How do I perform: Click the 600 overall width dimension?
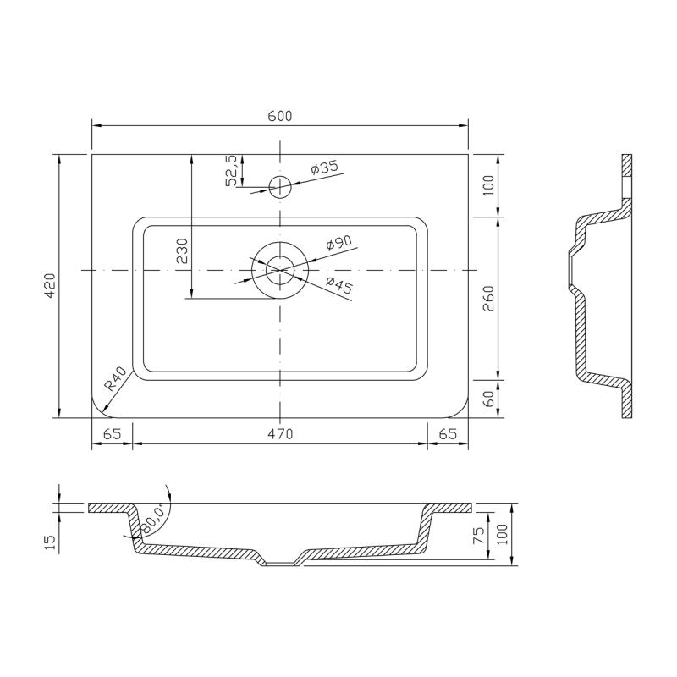pos(280,116)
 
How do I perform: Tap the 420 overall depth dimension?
pos(50,285)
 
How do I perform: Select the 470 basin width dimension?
pos(280,433)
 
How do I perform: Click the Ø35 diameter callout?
pos(325,167)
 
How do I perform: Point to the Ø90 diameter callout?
pos(339,243)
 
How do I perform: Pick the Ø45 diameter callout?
pos(339,285)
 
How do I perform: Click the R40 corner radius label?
pos(116,378)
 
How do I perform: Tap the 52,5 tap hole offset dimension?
pos(232,171)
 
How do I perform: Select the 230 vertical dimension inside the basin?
pos(182,250)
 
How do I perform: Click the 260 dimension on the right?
pos(488,298)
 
